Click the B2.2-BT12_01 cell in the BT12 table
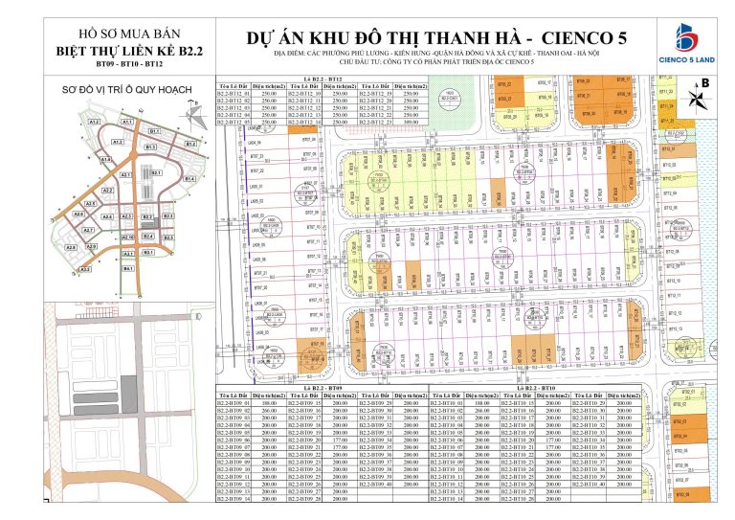coord(234,94)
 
